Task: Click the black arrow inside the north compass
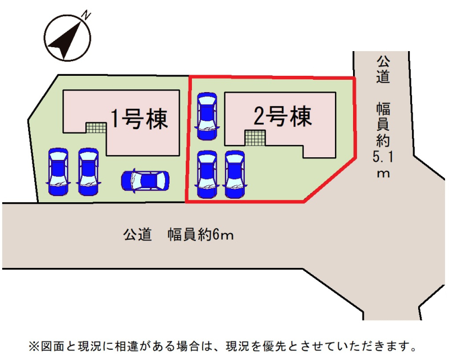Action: [x=63, y=39]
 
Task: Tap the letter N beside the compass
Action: [x=86, y=15]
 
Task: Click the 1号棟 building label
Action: [x=139, y=119]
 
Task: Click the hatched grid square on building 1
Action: [x=95, y=128]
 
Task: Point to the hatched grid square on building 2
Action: [x=255, y=136]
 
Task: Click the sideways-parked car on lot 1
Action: [x=145, y=181]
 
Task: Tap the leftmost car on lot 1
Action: [x=58, y=171]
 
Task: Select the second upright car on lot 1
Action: [x=88, y=171]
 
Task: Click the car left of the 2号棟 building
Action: [x=207, y=115]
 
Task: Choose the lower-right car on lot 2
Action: [x=235, y=174]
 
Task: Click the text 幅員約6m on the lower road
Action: [x=200, y=235]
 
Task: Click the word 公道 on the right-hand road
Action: [x=383, y=69]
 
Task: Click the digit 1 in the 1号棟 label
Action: [x=115, y=119]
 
